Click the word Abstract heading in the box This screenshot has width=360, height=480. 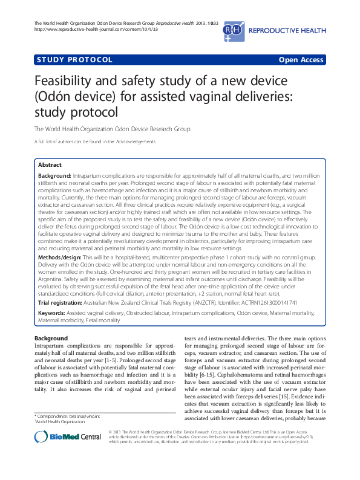click(x=50, y=164)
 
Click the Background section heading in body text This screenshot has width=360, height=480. click(x=51, y=338)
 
